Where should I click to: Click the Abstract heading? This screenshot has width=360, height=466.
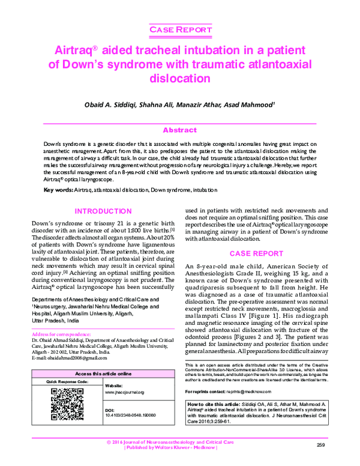179,130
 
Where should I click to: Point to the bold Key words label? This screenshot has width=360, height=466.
58,190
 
